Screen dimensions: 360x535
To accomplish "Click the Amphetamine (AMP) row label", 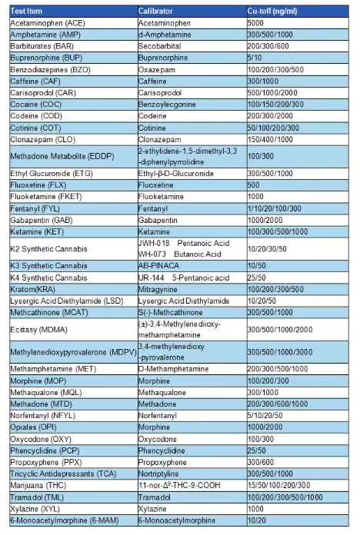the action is (44, 35).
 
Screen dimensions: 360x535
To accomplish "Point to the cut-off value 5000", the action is (257, 23).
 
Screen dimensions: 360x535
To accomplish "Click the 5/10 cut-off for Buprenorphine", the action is (255, 58).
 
